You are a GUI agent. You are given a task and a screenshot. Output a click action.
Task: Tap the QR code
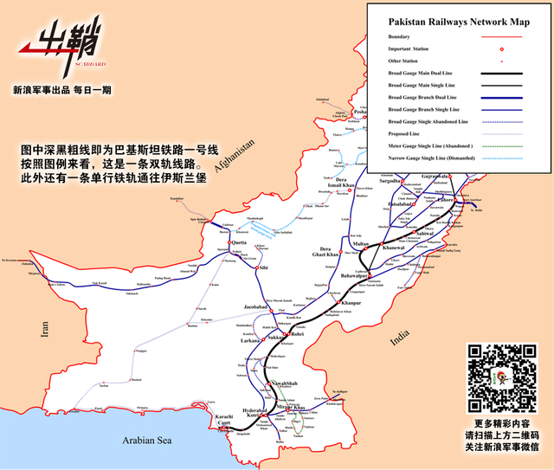tap(502, 378)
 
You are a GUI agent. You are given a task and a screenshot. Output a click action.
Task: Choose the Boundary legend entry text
tap(399, 36)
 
